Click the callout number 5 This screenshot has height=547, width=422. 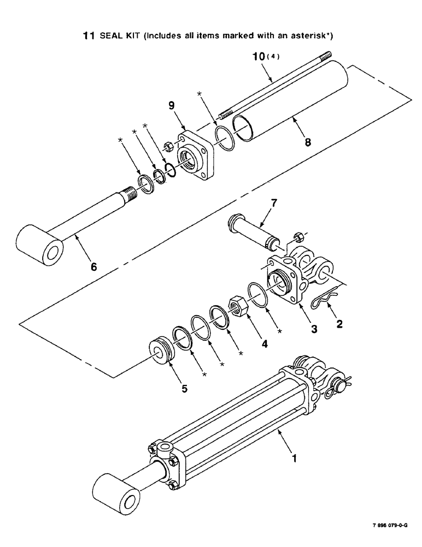(x=184, y=389)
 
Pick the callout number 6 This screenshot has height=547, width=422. (x=93, y=266)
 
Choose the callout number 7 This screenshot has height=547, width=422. (x=274, y=203)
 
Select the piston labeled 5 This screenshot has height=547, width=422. (x=162, y=352)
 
